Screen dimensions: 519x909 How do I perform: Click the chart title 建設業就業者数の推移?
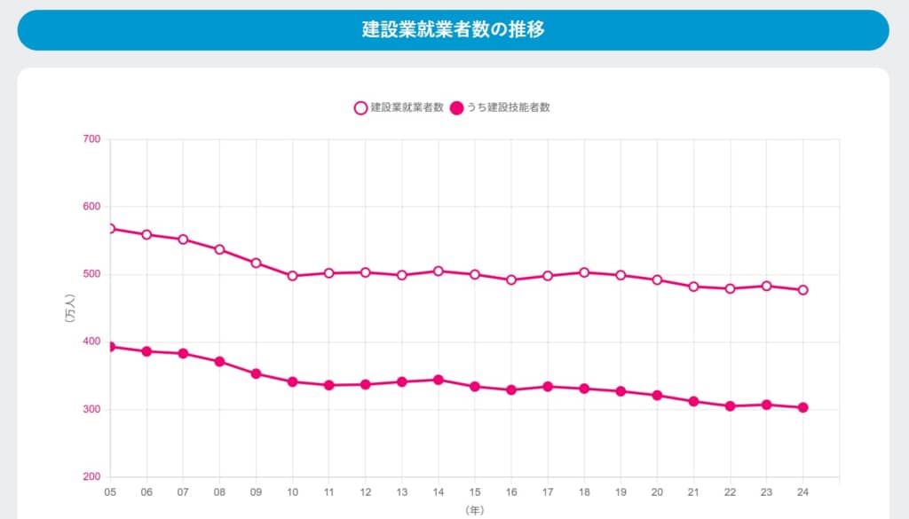[x=453, y=29]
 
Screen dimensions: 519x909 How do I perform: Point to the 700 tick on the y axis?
[x=92, y=139]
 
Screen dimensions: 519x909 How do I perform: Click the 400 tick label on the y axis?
[x=92, y=342]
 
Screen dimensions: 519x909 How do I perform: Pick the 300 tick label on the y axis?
[x=92, y=410]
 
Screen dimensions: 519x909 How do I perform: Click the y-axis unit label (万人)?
[x=70, y=308]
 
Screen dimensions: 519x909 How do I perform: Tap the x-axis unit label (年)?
[x=474, y=510]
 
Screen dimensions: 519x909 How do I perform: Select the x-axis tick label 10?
[x=292, y=491]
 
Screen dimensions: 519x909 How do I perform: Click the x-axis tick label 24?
[x=802, y=491]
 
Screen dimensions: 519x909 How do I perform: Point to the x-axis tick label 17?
[x=548, y=491]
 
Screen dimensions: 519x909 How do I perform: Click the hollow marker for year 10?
[x=292, y=276]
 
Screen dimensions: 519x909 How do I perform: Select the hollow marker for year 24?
[x=802, y=290]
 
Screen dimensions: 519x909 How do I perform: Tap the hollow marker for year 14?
[x=438, y=271]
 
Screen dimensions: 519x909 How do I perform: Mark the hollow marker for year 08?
[x=219, y=249]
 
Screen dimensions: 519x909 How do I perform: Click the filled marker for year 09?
[x=256, y=374]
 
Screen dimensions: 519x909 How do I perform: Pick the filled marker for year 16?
[x=511, y=389]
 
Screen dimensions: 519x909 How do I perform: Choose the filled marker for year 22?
[x=730, y=406]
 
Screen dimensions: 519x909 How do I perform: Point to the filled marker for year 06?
[x=146, y=351]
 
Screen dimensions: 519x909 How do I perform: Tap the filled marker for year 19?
[x=620, y=391]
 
